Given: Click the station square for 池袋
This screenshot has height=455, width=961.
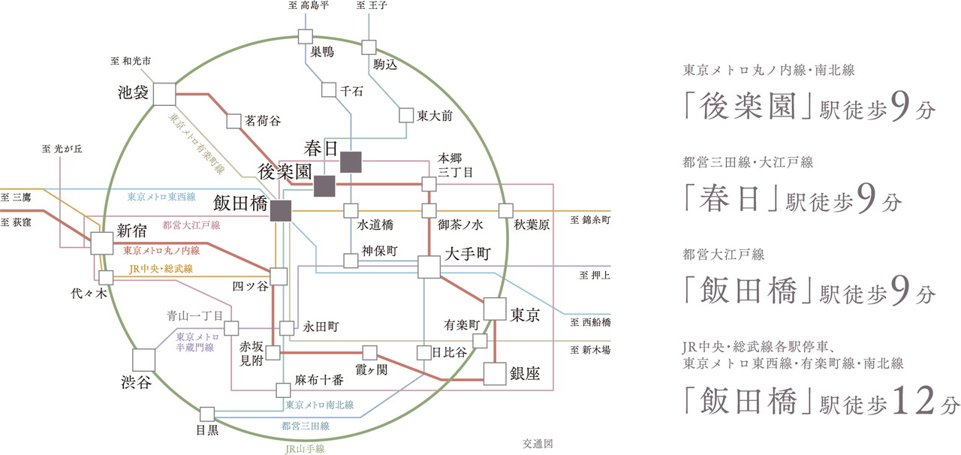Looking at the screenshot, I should [x=164, y=94].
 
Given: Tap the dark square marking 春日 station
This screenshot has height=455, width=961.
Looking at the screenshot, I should [x=351, y=161].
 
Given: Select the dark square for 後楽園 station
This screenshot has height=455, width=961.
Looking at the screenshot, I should [x=324, y=185].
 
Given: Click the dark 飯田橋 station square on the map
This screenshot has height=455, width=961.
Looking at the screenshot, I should [x=281, y=211].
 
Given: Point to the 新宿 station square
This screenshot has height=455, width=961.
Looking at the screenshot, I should [x=101, y=243].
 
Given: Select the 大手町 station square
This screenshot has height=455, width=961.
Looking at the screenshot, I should [x=429, y=267].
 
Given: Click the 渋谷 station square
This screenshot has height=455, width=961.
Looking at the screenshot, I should [x=143, y=360].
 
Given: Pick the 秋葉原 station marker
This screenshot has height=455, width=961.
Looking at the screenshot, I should [x=505, y=210].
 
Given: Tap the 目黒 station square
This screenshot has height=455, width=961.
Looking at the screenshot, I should [x=206, y=414].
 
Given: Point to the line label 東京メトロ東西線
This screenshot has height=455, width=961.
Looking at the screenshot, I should [x=161, y=197].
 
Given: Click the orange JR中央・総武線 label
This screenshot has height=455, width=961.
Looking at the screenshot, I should [x=161, y=268].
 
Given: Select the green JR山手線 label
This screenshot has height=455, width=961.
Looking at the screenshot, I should [x=305, y=448].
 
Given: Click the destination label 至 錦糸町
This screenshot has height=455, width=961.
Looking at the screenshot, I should [x=589, y=221].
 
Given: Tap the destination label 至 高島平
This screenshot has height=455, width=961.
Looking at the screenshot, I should [x=309, y=6].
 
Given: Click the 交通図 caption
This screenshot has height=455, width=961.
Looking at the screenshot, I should [x=538, y=444].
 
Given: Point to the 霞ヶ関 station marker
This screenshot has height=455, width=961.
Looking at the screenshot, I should [x=369, y=352].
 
